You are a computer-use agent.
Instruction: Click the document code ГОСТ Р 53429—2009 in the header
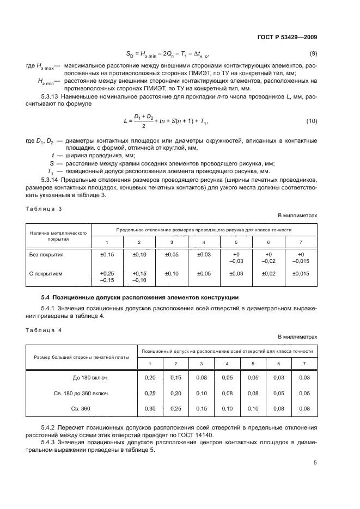[x=288, y=36]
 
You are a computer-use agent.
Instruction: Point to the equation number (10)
[x=312, y=120]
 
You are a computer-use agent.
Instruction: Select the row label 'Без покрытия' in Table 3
[x=46, y=254]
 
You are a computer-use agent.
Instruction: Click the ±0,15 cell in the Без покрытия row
[x=107, y=254]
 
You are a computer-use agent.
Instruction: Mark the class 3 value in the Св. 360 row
[x=201, y=408]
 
